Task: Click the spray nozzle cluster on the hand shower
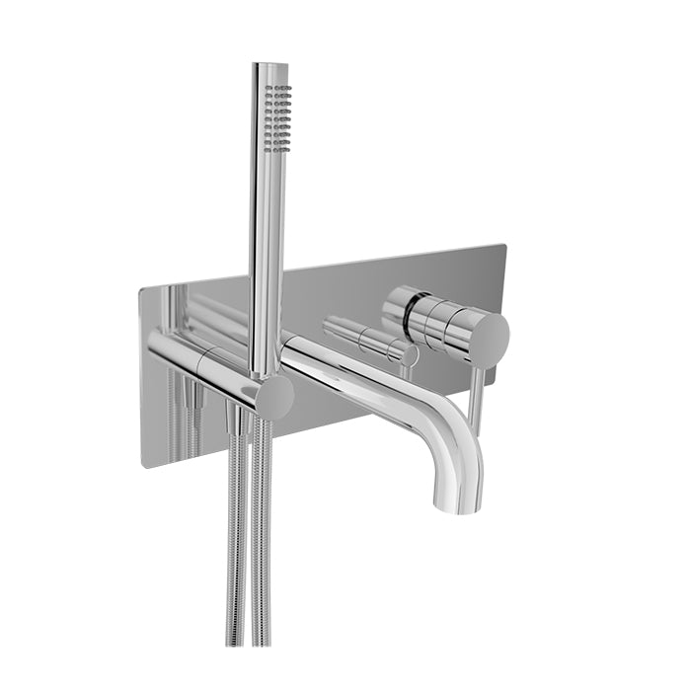point(281,116)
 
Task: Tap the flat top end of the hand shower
point(269,65)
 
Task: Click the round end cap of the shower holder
point(273,397)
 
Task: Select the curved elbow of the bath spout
point(455,434)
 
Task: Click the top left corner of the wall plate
point(141,287)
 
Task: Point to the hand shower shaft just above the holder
point(265,326)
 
